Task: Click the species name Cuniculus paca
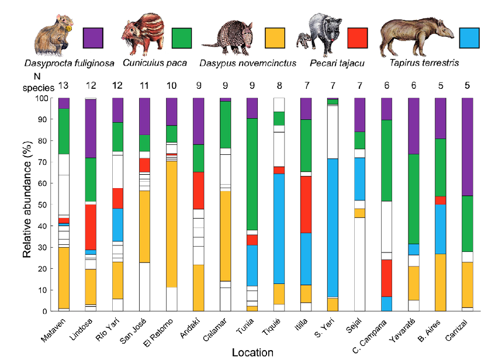150,62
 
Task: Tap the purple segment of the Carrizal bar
468,147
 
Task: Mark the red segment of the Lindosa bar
91,227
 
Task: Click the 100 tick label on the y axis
42,98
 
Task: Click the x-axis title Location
252,352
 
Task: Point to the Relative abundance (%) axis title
27,204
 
